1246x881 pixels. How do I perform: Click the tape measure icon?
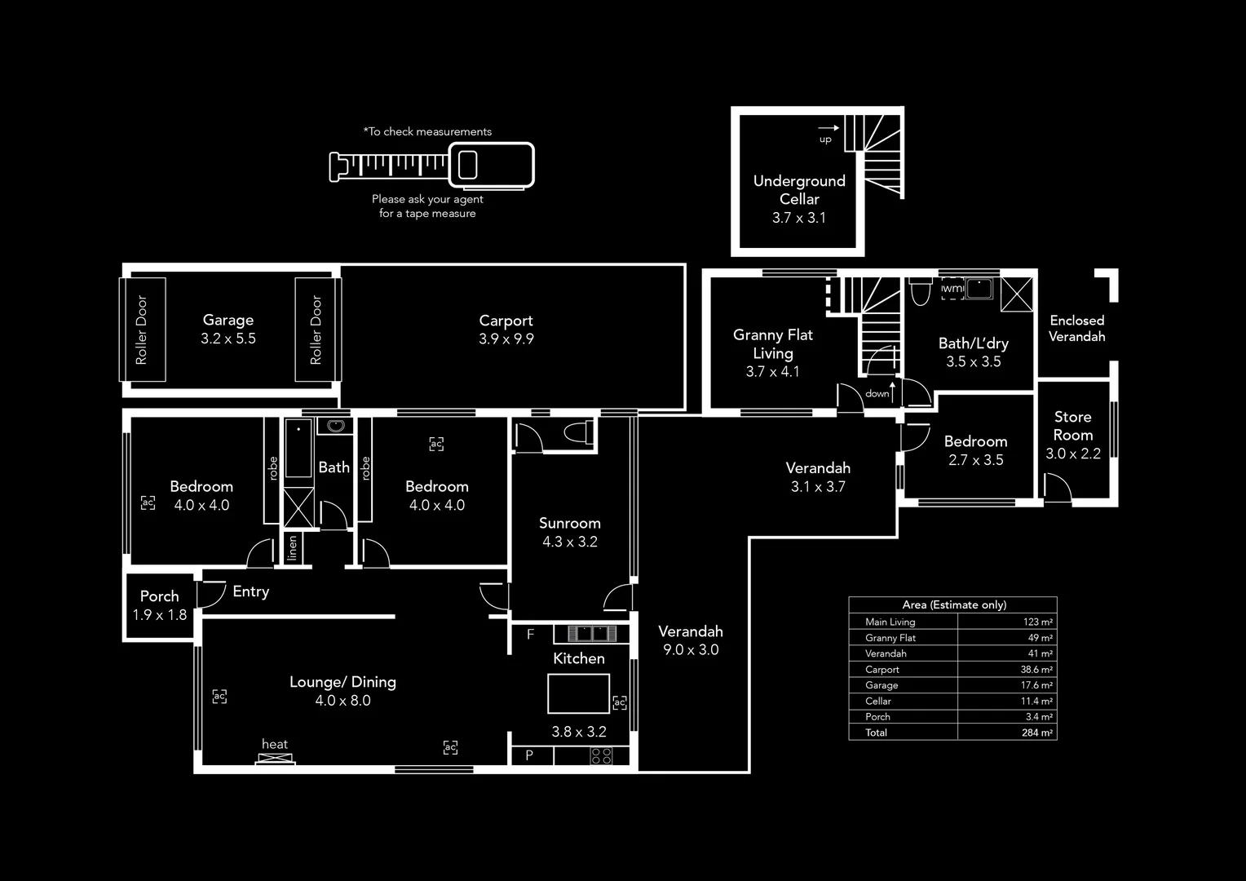click(431, 166)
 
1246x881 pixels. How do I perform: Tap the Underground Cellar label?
click(799, 190)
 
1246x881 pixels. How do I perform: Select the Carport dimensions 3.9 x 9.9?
click(506, 339)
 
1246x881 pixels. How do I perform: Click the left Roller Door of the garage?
click(143, 330)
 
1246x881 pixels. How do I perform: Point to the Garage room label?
click(228, 321)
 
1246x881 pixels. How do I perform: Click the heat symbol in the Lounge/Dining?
click(275, 758)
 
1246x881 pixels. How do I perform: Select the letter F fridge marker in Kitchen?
click(530, 634)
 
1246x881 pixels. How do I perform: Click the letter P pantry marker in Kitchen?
click(529, 755)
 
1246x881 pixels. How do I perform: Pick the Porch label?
click(159, 596)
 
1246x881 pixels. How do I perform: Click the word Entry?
click(250, 591)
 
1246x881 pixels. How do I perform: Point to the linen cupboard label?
click(292, 548)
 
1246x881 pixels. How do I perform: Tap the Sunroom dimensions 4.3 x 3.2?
click(569, 542)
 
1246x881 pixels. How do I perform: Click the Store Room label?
click(1072, 426)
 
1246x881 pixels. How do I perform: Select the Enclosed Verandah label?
click(1076, 328)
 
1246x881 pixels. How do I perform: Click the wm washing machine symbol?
click(952, 289)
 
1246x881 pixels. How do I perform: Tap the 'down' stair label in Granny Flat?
click(877, 394)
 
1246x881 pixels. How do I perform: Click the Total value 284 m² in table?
click(1037, 733)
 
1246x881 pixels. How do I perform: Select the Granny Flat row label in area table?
click(890, 638)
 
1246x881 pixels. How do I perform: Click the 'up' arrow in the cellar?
click(828, 129)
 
